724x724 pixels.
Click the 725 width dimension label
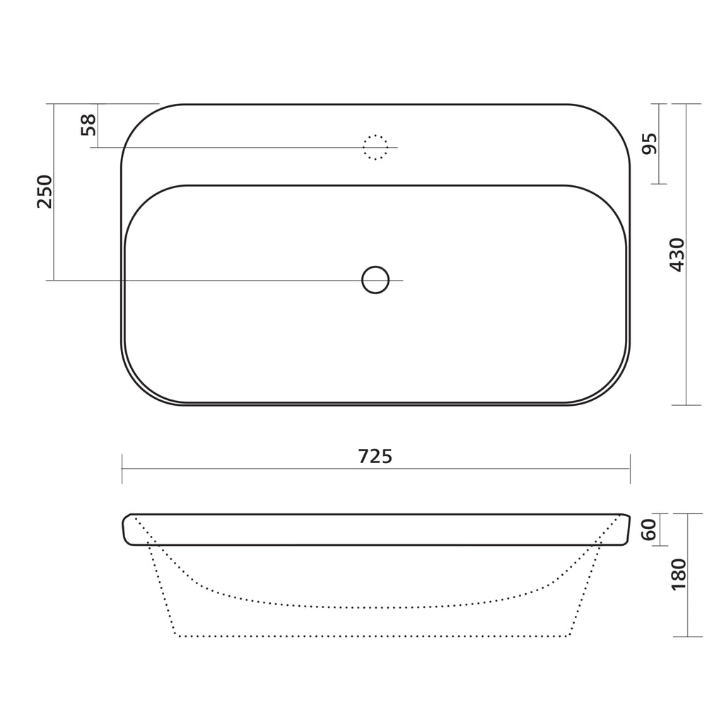coord(375,457)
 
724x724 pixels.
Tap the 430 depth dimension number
coord(677,255)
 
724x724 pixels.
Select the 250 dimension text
coord(45,192)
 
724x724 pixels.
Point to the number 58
coord(88,124)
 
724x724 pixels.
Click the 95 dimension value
coord(650,144)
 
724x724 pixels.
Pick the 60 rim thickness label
coord(649,530)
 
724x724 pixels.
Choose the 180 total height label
coord(679,574)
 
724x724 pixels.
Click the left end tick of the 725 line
coord(122,469)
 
